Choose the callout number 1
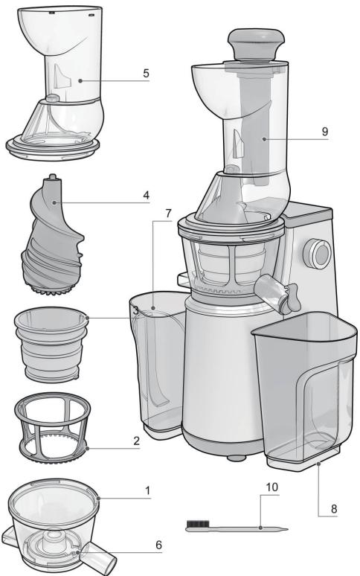coord(149,492)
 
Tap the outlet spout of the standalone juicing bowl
coord(97,558)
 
